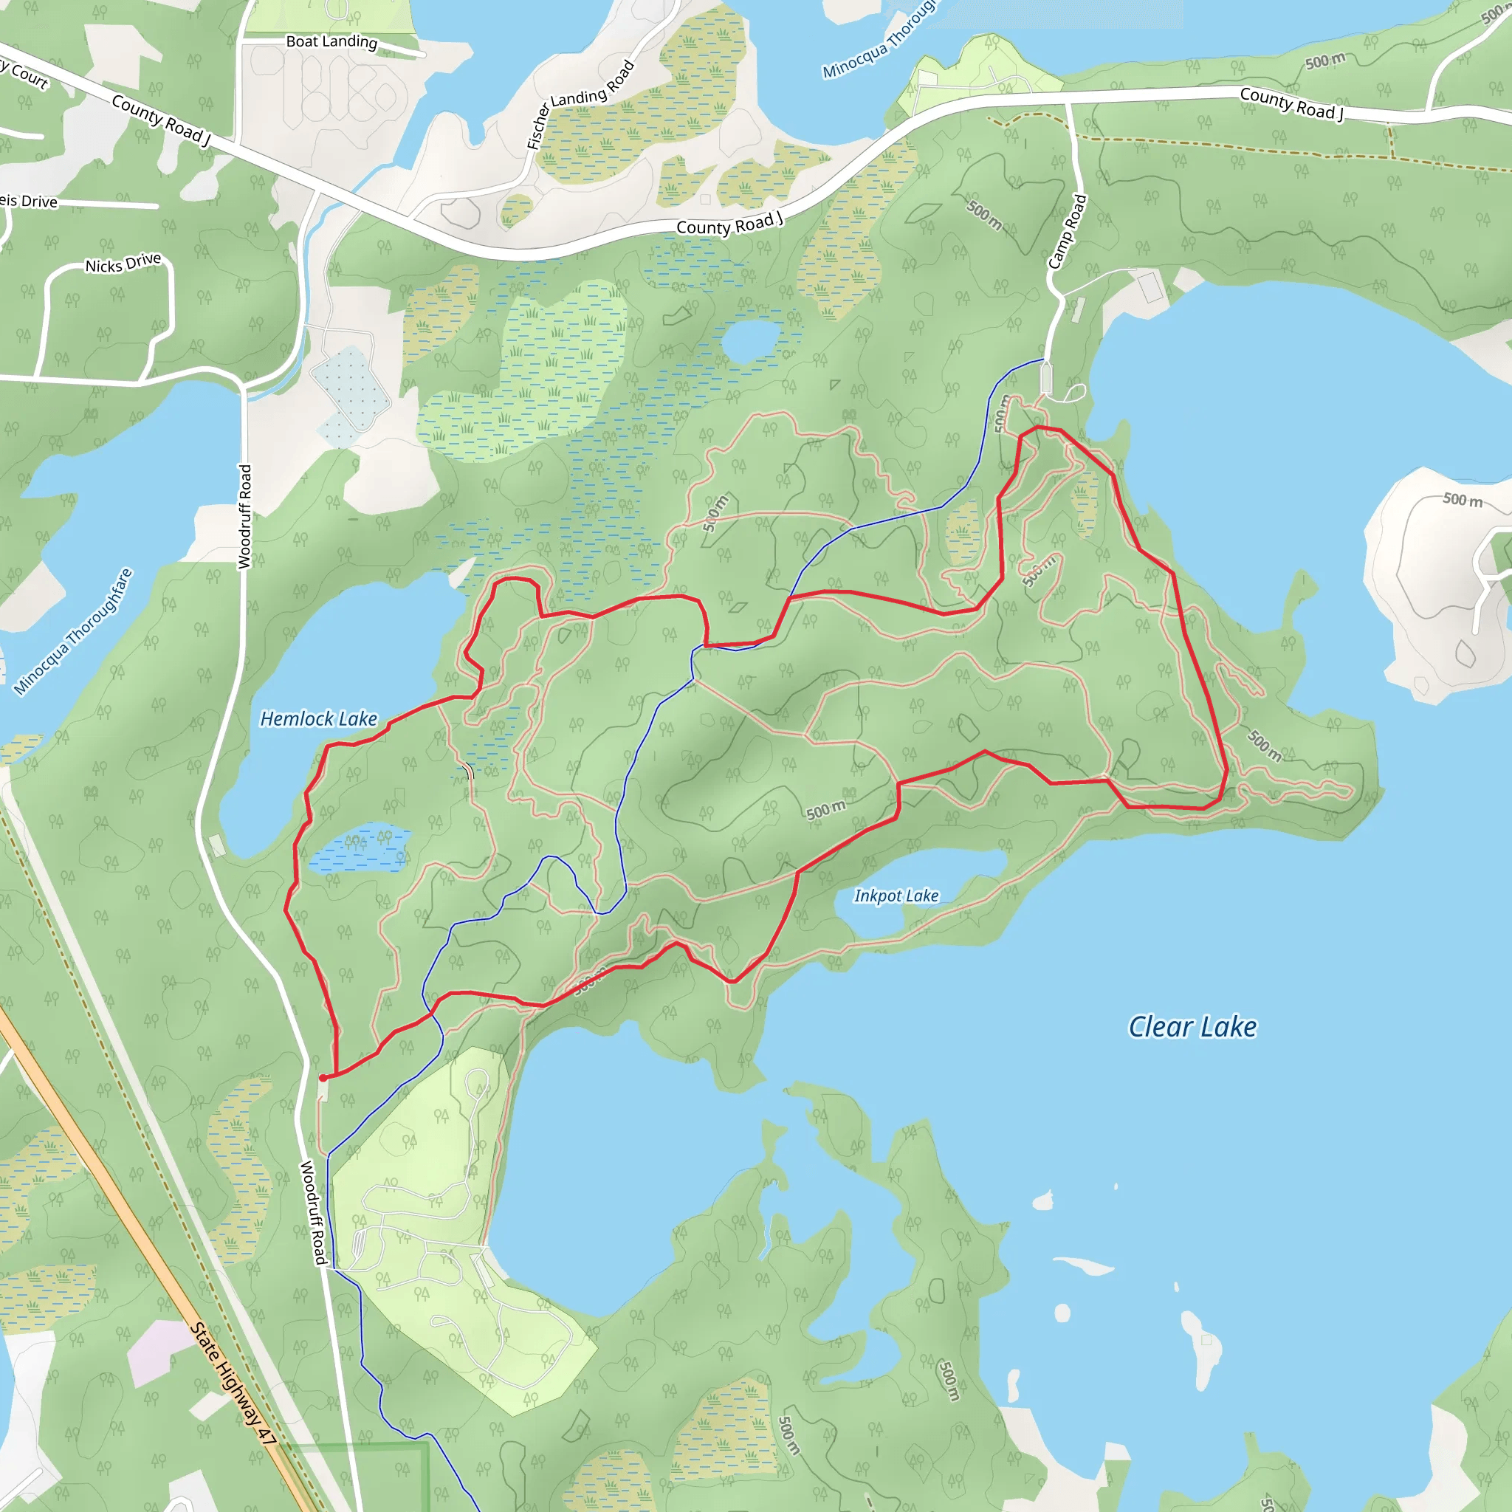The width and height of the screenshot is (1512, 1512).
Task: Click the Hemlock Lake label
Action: tap(318, 718)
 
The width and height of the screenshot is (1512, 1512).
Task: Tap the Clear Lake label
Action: tap(1192, 1026)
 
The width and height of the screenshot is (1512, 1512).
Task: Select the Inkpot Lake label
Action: tap(896, 896)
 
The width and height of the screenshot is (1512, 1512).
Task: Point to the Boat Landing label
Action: tap(331, 41)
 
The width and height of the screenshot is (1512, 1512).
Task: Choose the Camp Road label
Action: tap(1068, 232)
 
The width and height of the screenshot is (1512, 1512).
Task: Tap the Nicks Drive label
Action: tap(123, 262)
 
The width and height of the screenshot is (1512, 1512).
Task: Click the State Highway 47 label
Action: tap(233, 1383)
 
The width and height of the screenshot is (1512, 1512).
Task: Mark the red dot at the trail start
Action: tap(323, 1078)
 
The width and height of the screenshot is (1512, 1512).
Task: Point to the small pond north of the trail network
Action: tap(751, 340)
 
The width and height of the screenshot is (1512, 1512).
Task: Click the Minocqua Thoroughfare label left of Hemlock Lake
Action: tap(74, 631)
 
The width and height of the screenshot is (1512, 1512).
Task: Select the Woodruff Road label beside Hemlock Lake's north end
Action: tap(245, 517)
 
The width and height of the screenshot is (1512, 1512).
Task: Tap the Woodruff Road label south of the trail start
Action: tap(313, 1212)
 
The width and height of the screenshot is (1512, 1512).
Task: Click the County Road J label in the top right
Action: tap(1291, 104)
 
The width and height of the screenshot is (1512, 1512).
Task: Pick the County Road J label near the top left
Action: tap(161, 120)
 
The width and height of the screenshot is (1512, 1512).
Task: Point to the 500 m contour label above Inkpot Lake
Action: tap(825, 810)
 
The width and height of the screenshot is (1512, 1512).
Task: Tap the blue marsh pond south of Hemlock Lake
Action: tap(360, 848)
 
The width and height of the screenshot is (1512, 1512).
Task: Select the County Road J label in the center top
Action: tap(729, 224)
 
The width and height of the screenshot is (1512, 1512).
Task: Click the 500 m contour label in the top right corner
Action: tap(1325, 61)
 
